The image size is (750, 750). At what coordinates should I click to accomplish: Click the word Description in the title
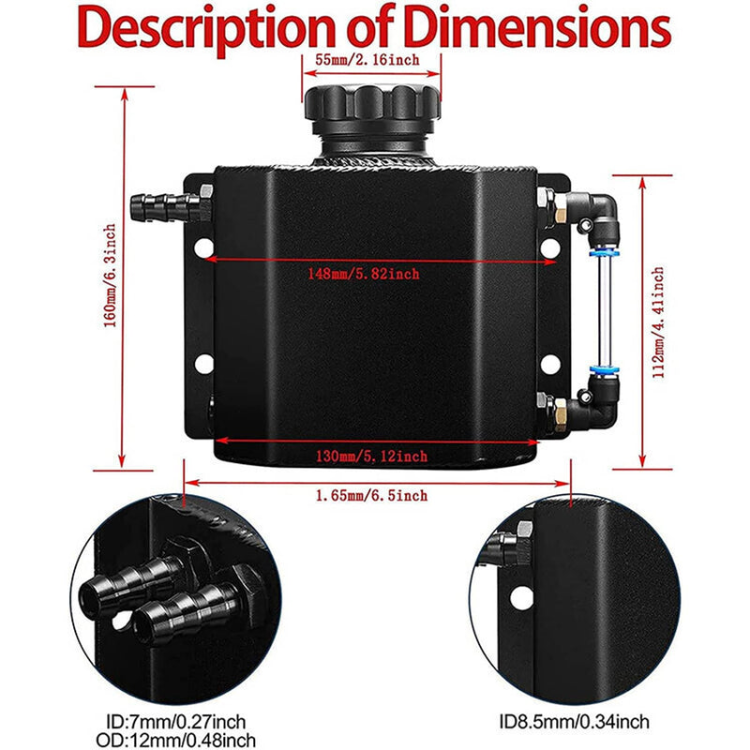coord(206,31)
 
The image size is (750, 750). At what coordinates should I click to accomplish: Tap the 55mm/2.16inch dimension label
coord(367,60)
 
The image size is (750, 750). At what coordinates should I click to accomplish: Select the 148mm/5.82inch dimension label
coord(364,274)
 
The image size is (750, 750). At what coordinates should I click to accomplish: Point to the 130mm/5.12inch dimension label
coord(371,456)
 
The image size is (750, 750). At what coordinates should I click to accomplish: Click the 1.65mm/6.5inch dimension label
coord(371,495)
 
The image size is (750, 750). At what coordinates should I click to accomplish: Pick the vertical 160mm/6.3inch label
coord(110,276)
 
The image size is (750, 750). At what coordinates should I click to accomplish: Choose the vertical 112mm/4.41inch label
coord(659,322)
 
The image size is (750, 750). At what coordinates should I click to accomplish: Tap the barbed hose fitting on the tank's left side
coord(165,207)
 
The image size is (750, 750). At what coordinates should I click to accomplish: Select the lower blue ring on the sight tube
coord(604,369)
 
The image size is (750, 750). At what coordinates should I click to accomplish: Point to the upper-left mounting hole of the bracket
coord(204,247)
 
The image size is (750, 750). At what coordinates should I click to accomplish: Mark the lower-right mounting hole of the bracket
coord(550,365)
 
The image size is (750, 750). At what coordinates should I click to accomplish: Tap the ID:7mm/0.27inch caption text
coord(176,721)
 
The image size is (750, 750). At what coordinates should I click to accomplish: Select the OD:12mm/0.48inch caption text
coord(176,740)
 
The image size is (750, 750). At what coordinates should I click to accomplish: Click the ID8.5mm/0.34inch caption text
coord(574,721)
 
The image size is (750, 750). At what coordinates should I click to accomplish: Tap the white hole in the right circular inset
coord(521,598)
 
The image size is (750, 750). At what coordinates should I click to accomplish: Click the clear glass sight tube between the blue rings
coord(604,311)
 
